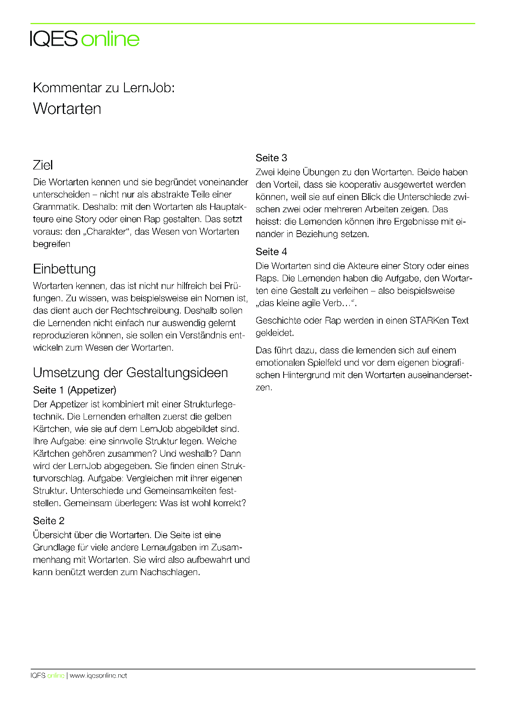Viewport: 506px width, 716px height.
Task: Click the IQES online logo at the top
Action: [x=85, y=39]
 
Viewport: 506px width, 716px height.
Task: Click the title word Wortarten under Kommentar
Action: [x=67, y=109]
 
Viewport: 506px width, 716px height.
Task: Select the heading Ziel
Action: [x=43, y=165]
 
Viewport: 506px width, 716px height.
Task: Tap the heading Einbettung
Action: [x=64, y=269]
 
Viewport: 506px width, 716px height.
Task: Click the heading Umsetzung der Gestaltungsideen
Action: [x=130, y=373]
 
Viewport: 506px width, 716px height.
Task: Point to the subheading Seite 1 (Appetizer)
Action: [x=75, y=390]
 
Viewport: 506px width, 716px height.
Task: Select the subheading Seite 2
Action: [x=49, y=521]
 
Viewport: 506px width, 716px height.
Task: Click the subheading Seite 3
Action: [x=271, y=158]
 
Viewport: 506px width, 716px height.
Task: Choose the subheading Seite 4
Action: [x=271, y=252]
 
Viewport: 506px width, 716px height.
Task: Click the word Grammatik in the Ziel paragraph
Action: [x=56, y=207]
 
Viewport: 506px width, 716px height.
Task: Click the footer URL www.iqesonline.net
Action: [x=98, y=676]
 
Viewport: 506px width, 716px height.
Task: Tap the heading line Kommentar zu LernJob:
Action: [x=104, y=88]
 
